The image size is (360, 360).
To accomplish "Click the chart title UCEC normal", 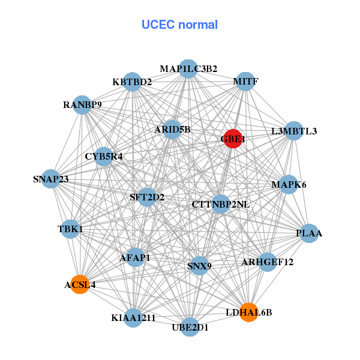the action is click(x=179, y=25).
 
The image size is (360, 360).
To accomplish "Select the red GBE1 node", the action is click(x=233, y=139).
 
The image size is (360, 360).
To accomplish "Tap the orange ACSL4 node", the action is click(x=80, y=284).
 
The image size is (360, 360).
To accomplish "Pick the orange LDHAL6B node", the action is click(x=249, y=312).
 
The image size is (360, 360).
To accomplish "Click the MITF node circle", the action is click(x=245, y=81).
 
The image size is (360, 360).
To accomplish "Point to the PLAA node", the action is click(x=308, y=233).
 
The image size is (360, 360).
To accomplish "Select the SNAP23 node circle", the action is click(x=51, y=179).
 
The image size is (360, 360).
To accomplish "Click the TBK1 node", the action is click(x=70, y=229).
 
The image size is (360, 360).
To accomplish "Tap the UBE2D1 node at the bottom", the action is click(x=190, y=327).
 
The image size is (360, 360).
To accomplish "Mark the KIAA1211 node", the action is click(x=133, y=317).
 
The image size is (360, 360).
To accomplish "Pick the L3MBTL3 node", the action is click(x=293, y=131).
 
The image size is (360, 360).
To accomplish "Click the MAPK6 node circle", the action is click(x=289, y=184).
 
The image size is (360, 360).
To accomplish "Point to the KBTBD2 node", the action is click(x=133, y=82).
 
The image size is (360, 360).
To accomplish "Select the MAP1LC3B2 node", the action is click(x=188, y=69).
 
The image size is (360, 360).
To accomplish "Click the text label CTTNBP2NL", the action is click(x=221, y=205).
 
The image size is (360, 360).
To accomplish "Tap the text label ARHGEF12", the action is click(x=268, y=262).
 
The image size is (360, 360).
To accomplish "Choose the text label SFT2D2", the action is click(x=147, y=197).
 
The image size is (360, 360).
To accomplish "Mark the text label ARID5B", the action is click(x=172, y=129).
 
